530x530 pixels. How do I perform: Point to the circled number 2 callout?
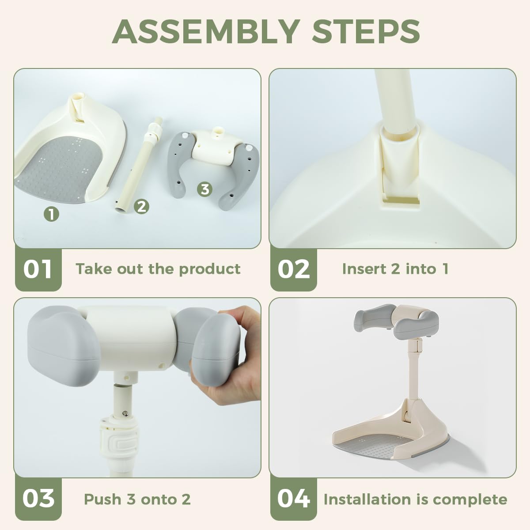(x=141, y=207)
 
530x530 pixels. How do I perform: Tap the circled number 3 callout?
(x=204, y=189)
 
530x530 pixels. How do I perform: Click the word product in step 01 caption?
(x=210, y=269)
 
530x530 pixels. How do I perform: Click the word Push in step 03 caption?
(x=102, y=499)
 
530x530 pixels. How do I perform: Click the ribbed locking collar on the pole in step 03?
(x=119, y=436)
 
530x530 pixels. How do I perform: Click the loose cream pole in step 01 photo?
(x=139, y=163)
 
